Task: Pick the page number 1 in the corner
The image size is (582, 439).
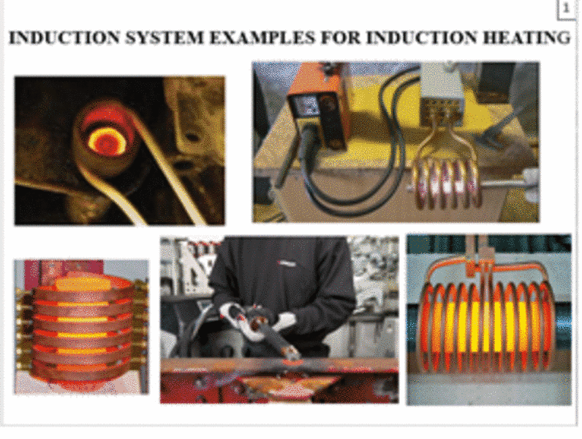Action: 566,8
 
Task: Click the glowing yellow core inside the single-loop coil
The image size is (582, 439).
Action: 105,141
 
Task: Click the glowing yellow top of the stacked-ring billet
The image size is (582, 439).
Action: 83,284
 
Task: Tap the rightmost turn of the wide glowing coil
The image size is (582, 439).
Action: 548,327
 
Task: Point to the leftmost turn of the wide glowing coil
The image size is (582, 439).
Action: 426,327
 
